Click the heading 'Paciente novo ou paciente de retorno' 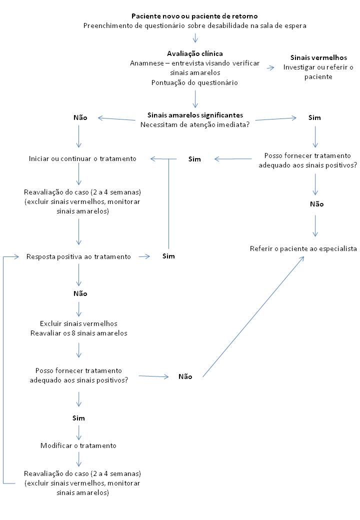(194, 16)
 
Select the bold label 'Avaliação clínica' (195, 53)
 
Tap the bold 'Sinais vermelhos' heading (318, 58)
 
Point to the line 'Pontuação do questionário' (194, 82)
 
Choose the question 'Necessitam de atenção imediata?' (195, 124)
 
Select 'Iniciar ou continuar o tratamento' (82, 159)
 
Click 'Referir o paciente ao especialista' (303, 248)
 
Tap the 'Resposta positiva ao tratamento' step (79, 256)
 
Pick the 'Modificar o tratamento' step (78, 445)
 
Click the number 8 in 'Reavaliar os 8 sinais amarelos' (79, 333)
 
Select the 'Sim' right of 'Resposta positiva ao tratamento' (169, 256)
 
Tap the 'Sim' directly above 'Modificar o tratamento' (78, 417)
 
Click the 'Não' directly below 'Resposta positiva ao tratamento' (80, 294)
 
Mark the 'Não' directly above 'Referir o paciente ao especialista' (316, 204)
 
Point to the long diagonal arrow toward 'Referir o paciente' (253, 316)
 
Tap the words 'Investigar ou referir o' (318, 67)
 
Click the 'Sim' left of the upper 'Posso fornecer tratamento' (194, 159)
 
